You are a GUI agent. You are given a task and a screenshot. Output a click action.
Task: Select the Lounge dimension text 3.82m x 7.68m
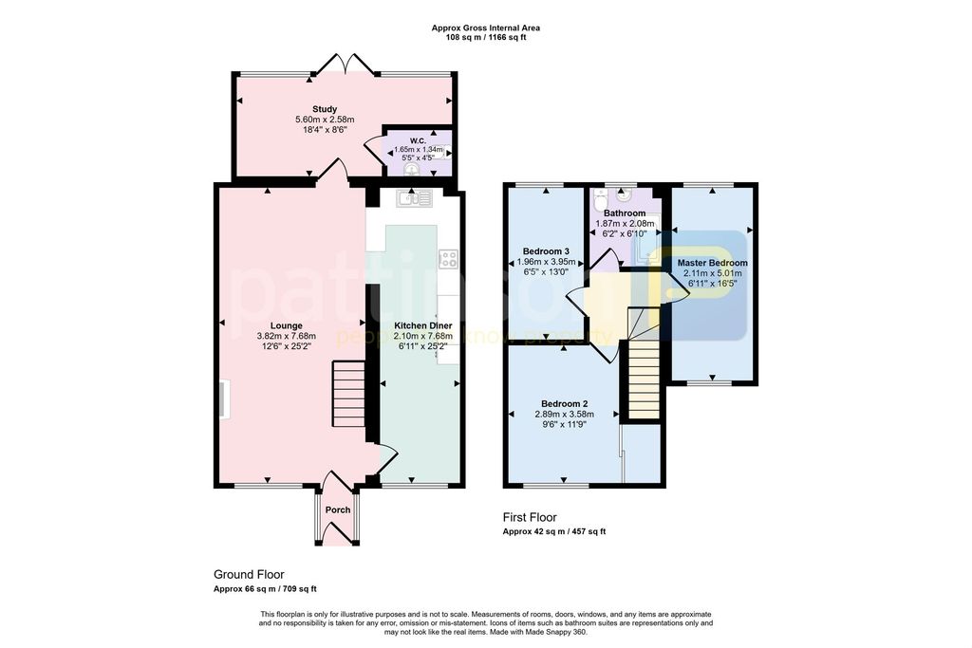click(x=286, y=336)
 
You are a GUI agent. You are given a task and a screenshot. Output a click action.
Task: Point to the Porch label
click(x=338, y=509)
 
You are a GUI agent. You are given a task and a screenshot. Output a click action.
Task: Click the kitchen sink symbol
click(x=415, y=198)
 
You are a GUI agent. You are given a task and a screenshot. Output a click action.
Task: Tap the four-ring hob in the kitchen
click(x=448, y=258)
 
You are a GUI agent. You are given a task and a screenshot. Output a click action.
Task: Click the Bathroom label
click(x=624, y=213)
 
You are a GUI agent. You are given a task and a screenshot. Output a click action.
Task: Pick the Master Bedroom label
click(x=712, y=263)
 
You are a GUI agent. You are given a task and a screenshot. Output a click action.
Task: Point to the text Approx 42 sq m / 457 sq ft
click(x=553, y=532)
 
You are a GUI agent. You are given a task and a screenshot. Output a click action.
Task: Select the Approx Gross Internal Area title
click(x=486, y=28)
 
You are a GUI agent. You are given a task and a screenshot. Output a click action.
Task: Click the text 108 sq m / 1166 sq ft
click(x=486, y=38)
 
